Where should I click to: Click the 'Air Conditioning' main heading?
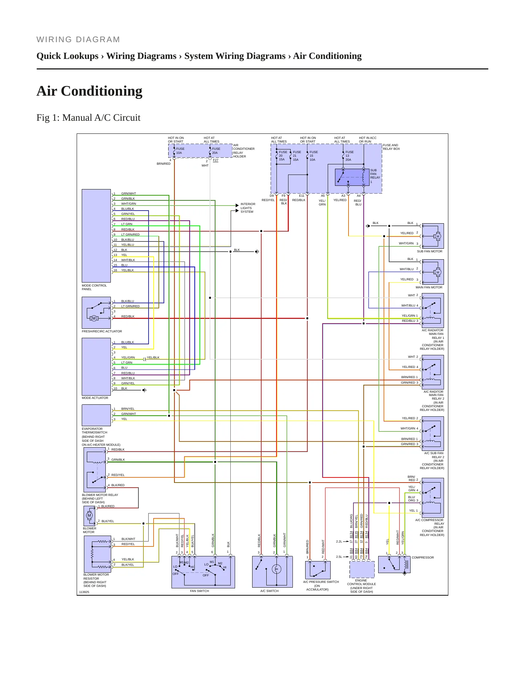(89, 91)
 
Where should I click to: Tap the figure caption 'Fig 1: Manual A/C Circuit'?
(88, 117)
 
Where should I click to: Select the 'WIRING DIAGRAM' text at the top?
(78, 40)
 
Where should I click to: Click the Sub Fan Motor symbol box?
(433, 236)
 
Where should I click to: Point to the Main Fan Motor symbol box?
(433, 272)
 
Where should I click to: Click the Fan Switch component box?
(203, 572)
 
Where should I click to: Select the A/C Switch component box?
(272, 572)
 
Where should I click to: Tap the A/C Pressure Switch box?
(318, 570)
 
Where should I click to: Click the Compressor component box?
(394, 565)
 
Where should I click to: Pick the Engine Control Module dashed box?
(362, 569)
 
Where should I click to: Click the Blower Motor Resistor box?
(97, 554)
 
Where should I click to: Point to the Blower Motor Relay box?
(95, 470)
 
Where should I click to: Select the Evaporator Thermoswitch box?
(96, 415)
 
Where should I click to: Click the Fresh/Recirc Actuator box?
(96, 313)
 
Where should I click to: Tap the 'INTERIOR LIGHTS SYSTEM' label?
(248, 208)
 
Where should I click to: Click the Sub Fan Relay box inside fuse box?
(352, 177)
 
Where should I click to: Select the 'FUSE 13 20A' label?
(349, 156)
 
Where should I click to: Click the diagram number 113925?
(84, 592)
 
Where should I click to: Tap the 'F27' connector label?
(215, 160)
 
